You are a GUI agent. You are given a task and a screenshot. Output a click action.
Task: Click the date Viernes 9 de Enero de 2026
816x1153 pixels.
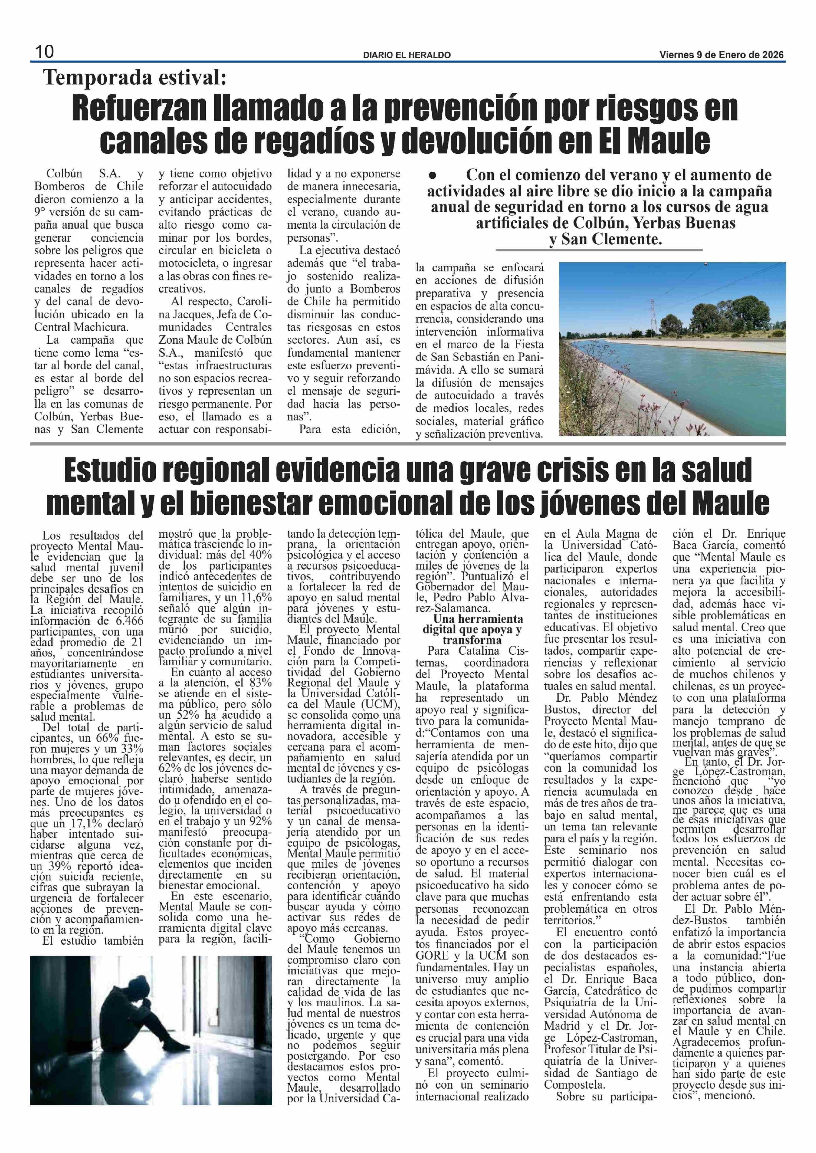[721, 55]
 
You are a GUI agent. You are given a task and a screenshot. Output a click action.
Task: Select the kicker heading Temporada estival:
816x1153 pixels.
[135, 78]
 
